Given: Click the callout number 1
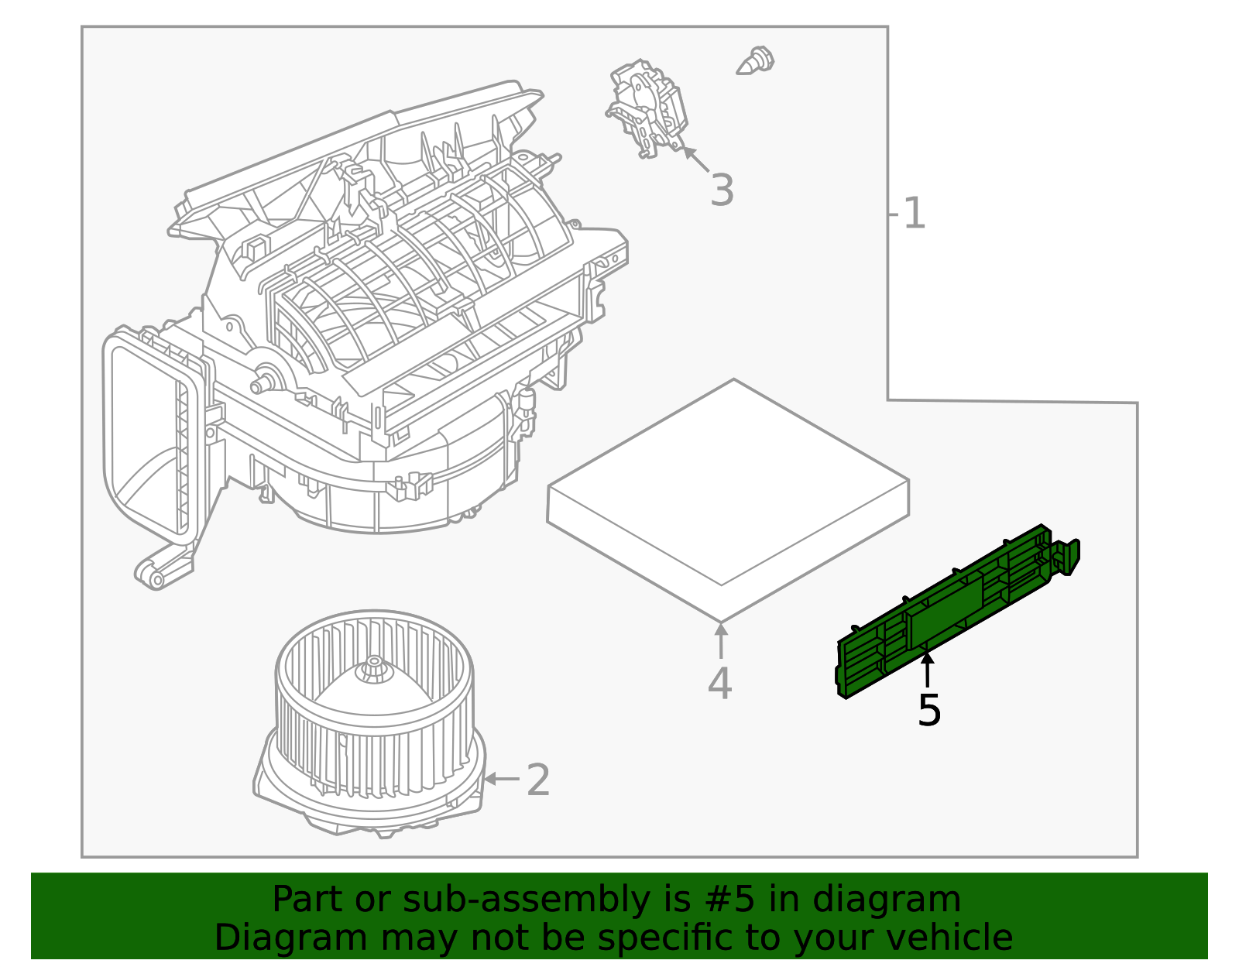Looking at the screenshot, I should tap(914, 214).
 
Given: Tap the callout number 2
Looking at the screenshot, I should tap(537, 780).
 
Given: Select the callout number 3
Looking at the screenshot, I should tap(722, 190).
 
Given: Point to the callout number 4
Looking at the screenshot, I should tap(719, 684).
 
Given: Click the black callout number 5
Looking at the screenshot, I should tap(928, 710).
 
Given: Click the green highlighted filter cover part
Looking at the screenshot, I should tap(952, 612).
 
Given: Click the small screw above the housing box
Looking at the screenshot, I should tap(756, 61).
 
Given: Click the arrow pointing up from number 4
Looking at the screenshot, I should tap(720, 640).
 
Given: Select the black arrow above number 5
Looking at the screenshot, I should tap(927, 669).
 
